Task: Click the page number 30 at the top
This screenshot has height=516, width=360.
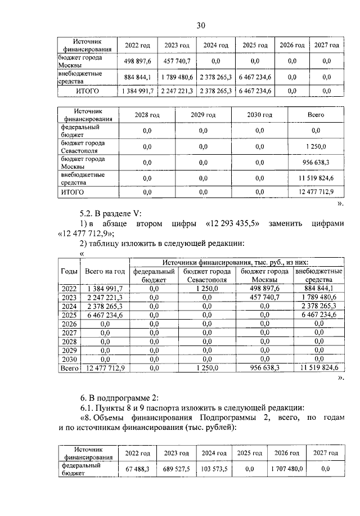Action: (x=201, y=24)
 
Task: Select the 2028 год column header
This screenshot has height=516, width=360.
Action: (x=147, y=115)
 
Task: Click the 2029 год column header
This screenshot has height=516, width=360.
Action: (x=203, y=115)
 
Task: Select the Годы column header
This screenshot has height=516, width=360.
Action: (x=69, y=271)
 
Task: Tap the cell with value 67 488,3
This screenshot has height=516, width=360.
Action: (x=137, y=469)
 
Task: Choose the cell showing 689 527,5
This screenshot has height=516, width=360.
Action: (x=176, y=469)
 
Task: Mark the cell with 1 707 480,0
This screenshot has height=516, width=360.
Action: (x=286, y=469)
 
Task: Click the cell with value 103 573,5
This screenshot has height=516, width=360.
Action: (x=215, y=469)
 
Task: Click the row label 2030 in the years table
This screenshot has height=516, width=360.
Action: (x=69, y=359)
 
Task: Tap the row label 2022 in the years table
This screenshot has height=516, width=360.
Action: (x=69, y=288)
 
